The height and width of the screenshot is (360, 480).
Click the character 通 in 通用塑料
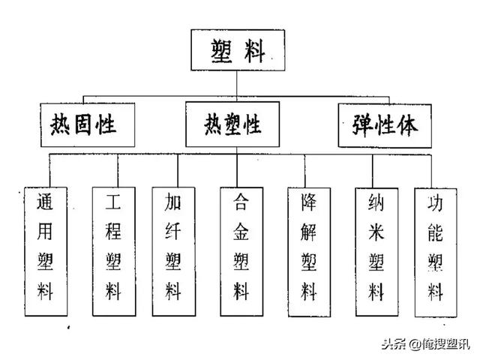click(46, 202)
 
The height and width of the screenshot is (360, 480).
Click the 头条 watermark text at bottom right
click(393, 344)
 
